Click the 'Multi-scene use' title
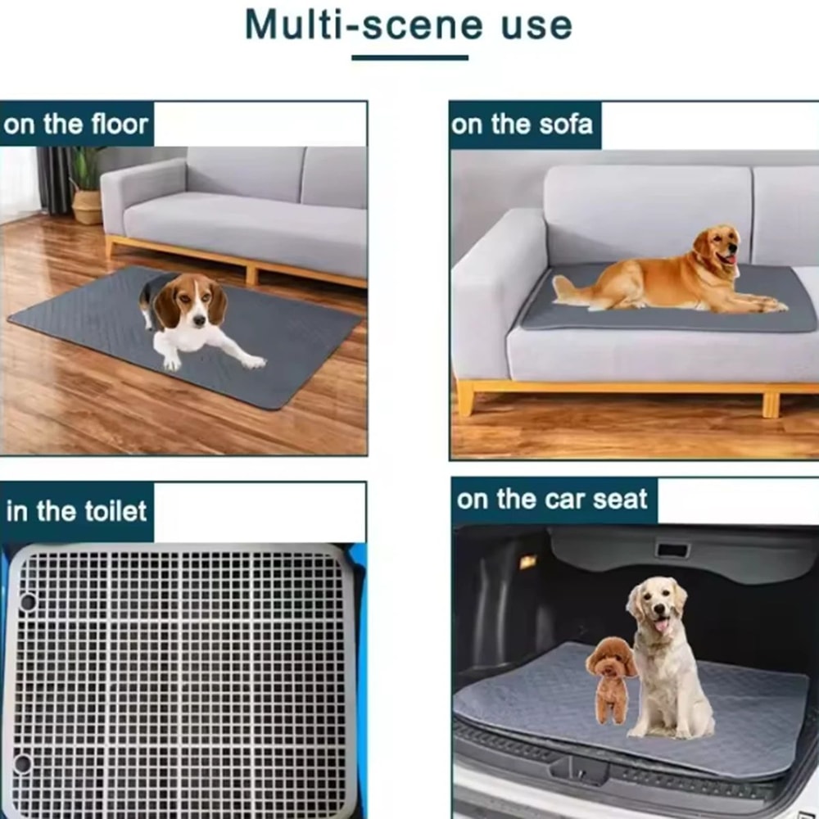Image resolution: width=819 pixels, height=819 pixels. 409,25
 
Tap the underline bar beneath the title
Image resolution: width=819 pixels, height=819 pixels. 409,57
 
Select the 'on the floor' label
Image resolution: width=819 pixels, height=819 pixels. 76,124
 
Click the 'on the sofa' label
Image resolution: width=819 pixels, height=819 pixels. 522,124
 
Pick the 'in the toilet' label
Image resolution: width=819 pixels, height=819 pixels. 76,512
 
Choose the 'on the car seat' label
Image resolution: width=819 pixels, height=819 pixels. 552,500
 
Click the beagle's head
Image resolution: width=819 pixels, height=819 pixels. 191,300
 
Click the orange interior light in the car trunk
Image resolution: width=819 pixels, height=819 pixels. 527,562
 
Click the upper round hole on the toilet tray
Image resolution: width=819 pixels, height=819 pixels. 27,602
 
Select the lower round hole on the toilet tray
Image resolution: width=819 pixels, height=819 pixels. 23,763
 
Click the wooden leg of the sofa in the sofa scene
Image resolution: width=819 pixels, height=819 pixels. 465,399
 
